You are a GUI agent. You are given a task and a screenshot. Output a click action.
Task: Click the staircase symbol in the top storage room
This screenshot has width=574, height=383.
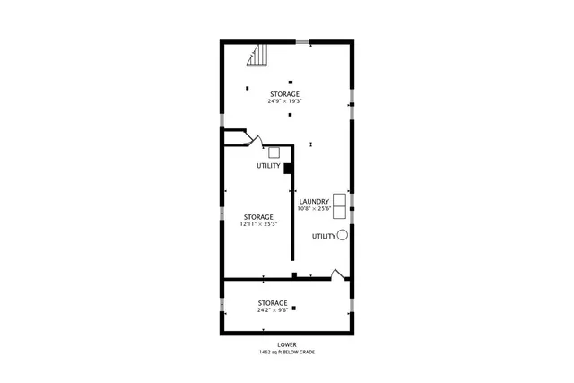(258, 57)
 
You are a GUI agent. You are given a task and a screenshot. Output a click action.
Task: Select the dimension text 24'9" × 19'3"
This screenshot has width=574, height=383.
(284, 101)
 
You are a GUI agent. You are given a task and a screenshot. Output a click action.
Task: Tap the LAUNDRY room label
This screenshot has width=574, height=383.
(314, 201)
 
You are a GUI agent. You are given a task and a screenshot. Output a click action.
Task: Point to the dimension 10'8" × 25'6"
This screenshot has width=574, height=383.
(315, 209)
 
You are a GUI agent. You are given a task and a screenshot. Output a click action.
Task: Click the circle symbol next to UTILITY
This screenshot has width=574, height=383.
(343, 235)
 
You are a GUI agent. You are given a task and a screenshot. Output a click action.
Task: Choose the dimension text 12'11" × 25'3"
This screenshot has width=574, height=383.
(258, 224)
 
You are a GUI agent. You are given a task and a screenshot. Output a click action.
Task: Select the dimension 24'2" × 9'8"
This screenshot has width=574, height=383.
(273, 310)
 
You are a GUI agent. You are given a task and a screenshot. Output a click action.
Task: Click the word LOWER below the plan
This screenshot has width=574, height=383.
(287, 344)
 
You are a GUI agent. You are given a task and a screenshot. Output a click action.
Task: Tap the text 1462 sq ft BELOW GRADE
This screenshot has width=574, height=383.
(287, 352)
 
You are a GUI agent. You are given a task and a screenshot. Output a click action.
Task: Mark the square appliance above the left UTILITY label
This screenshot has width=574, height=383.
(274, 153)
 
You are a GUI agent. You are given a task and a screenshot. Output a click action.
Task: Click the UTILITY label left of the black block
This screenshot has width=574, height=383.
(268, 166)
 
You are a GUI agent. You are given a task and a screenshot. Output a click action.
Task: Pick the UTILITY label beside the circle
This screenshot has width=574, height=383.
(324, 236)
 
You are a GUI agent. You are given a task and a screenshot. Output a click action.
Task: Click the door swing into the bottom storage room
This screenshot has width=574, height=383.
(337, 274)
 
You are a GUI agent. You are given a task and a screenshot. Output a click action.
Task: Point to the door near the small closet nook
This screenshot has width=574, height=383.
(254, 141)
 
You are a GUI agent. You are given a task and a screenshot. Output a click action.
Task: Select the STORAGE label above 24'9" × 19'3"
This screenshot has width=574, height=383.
(284, 93)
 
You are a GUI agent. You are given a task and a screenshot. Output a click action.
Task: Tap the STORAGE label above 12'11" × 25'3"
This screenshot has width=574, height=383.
(258, 216)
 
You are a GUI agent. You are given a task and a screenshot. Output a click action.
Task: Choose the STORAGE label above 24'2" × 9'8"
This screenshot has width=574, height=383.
(273, 302)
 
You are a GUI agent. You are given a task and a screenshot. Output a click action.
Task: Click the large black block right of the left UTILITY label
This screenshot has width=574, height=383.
(288, 167)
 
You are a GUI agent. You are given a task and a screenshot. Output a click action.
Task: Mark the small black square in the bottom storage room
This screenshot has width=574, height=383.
(293, 309)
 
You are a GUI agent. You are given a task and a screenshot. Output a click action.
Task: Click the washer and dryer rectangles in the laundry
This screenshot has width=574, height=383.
(340, 205)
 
